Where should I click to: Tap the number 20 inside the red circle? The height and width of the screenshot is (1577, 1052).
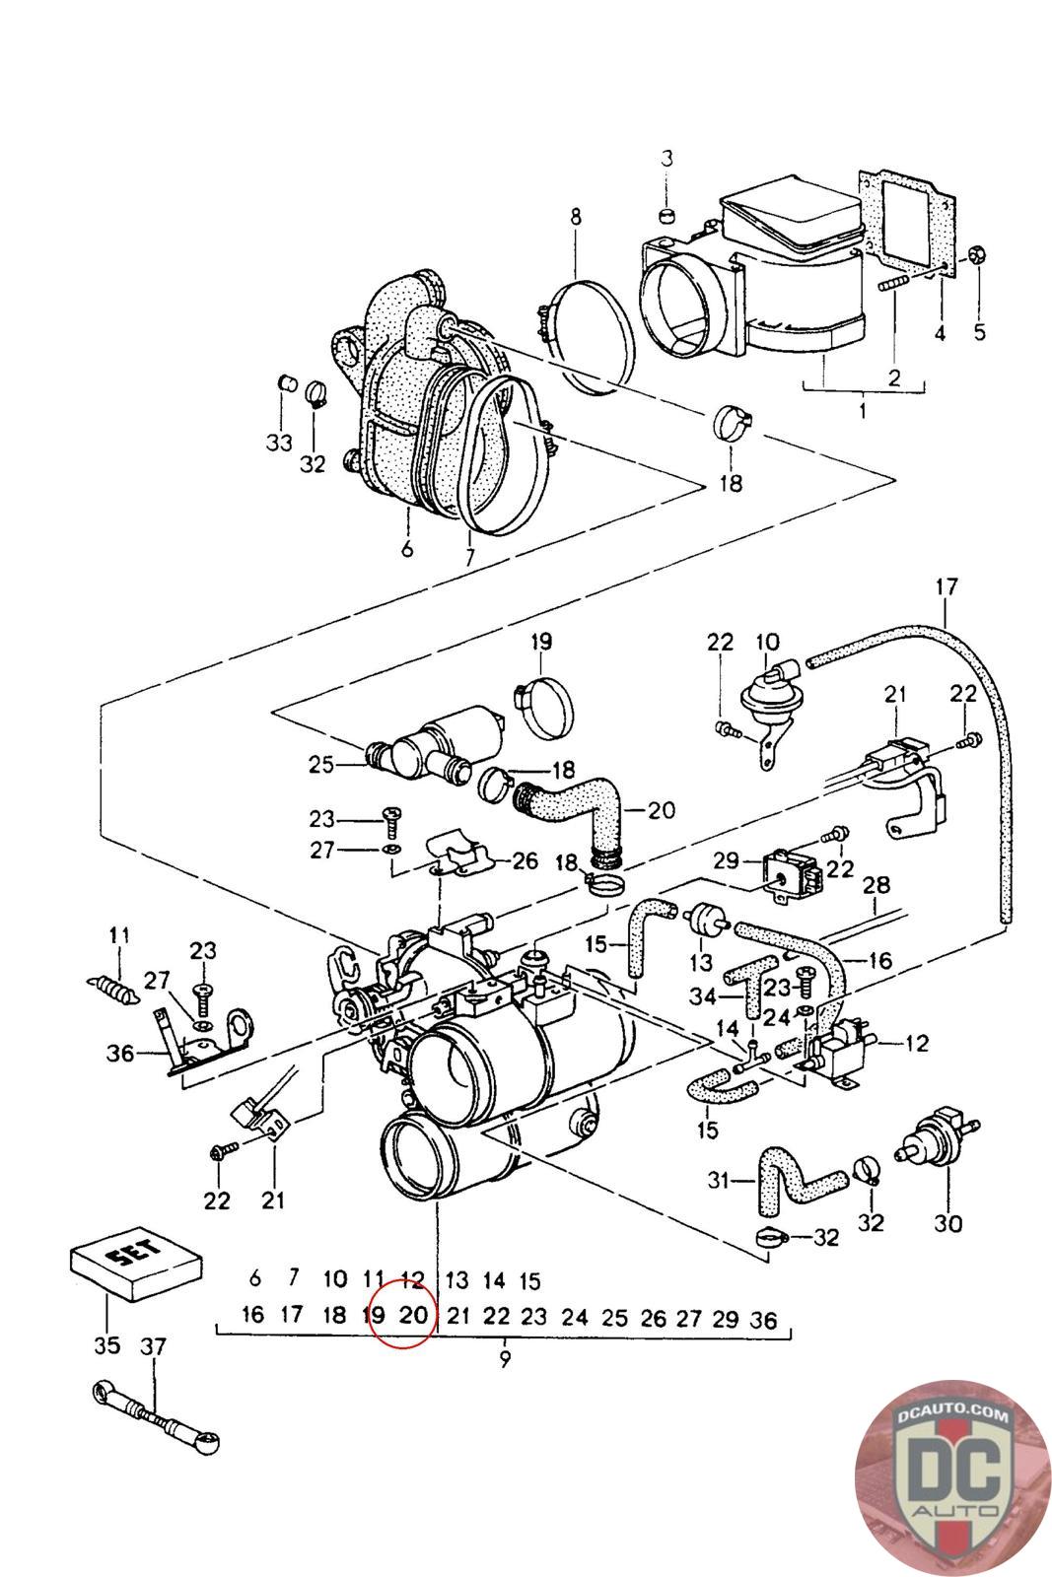click(x=413, y=1315)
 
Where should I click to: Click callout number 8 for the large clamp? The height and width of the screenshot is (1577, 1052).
click(x=575, y=217)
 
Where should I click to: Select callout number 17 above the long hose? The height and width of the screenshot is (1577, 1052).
click(x=946, y=588)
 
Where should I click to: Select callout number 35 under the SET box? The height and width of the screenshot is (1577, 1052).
click(x=106, y=1345)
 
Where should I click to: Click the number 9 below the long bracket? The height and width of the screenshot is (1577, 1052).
click(x=504, y=1358)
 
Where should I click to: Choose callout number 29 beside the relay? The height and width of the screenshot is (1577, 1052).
click(x=726, y=860)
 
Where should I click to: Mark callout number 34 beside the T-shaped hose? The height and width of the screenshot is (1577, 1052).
click(x=703, y=996)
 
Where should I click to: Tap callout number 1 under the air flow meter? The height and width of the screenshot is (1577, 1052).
click(x=863, y=408)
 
